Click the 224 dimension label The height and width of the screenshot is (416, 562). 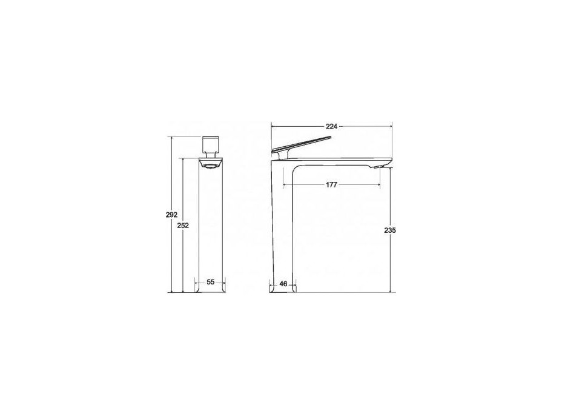click(x=331, y=126)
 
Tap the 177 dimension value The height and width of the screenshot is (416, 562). click(x=331, y=185)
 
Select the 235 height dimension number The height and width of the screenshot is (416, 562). click(x=390, y=230)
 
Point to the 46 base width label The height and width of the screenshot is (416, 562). click(x=283, y=284)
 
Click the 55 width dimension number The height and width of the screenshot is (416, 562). click(x=210, y=282)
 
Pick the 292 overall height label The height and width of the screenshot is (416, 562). click(x=171, y=215)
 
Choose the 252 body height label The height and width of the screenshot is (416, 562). click(x=183, y=226)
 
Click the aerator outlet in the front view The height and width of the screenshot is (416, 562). click(x=211, y=166)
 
